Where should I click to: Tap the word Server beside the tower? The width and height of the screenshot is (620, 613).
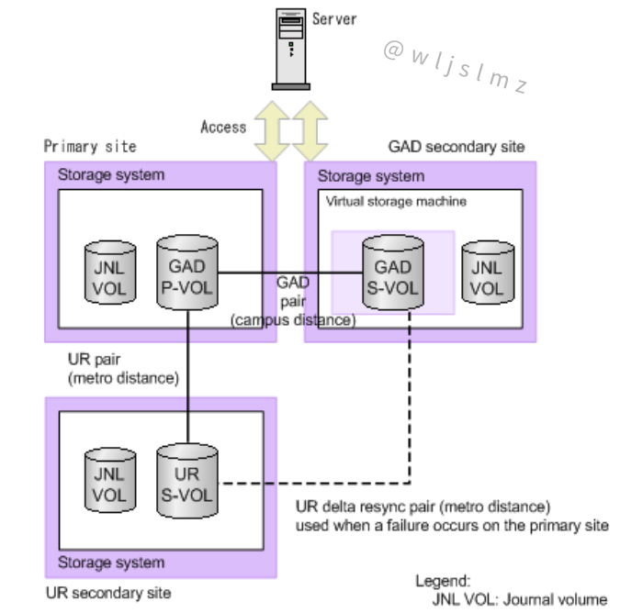tap(334, 18)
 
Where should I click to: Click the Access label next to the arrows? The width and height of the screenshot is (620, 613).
tap(223, 127)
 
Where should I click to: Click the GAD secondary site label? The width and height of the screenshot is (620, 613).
tap(457, 146)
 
